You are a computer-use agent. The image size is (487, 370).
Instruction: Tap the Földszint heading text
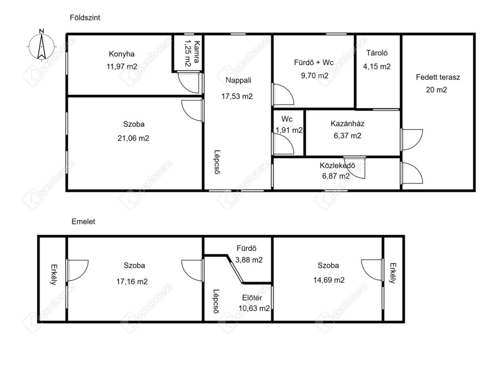pos(85,18)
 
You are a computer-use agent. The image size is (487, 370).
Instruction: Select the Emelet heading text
pos(83,221)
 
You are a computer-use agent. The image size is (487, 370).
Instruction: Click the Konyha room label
pos(122,54)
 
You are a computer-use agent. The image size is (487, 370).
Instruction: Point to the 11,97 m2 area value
pos(122,66)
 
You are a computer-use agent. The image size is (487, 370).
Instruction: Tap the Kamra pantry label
pos(196,52)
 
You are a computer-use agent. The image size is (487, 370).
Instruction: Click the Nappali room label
pos(238,80)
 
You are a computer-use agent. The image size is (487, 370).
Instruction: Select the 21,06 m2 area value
pos(133,138)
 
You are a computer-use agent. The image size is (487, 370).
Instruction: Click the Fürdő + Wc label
pos(314,62)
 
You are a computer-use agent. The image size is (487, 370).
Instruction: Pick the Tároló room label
pos(377,53)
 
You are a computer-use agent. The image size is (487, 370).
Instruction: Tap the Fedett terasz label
pos(438,77)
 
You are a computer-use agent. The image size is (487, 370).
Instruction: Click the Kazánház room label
pos(347,123)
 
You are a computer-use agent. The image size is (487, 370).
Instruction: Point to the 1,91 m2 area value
pos(289,130)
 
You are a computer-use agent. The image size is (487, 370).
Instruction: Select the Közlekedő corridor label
pos(337,165)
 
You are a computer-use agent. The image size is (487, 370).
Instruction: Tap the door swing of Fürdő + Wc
pos(283,94)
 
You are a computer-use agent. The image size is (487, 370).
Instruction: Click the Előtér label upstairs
pos(252,298)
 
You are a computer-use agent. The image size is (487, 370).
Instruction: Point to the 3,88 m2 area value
pos(249,260)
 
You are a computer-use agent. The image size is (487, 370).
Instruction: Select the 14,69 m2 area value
pos(329,280)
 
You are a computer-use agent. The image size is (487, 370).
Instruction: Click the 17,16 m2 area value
pos(132,282)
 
